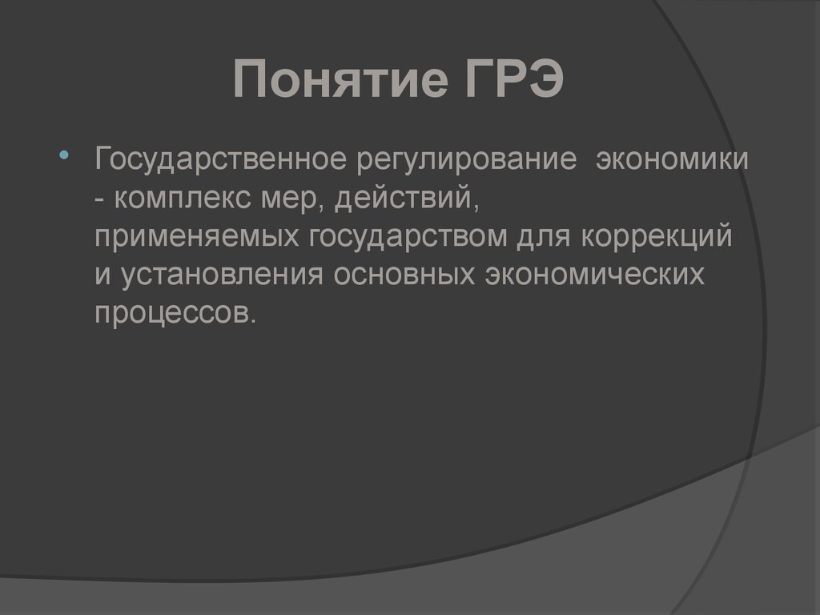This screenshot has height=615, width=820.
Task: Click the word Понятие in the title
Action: point(337,82)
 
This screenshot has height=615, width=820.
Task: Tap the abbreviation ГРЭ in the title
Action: point(514,82)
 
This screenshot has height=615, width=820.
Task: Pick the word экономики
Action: point(670,158)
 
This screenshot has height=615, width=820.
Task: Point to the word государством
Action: point(408,236)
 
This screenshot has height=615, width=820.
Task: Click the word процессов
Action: point(171,312)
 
